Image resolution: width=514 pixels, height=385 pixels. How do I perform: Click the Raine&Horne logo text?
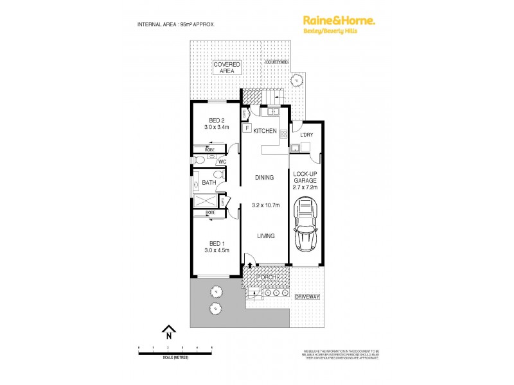(x=339, y=21)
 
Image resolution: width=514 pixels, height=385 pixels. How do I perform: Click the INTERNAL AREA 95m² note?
(x=176, y=24)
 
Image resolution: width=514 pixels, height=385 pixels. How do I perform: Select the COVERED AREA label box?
(x=227, y=67)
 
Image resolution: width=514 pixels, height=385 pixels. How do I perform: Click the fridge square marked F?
(x=246, y=128)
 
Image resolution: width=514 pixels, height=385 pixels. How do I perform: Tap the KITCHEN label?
(x=265, y=131)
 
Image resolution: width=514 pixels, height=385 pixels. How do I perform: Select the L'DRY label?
(x=306, y=135)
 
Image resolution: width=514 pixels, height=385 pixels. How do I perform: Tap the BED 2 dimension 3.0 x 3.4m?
(x=217, y=127)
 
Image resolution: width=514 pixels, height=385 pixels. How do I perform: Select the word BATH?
(x=209, y=183)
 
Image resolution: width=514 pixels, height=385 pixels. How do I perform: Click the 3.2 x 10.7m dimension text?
(x=264, y=206)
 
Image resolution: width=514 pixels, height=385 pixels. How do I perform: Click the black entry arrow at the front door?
(x=249, y=265)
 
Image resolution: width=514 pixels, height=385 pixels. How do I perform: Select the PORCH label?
(x=265, y=277)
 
